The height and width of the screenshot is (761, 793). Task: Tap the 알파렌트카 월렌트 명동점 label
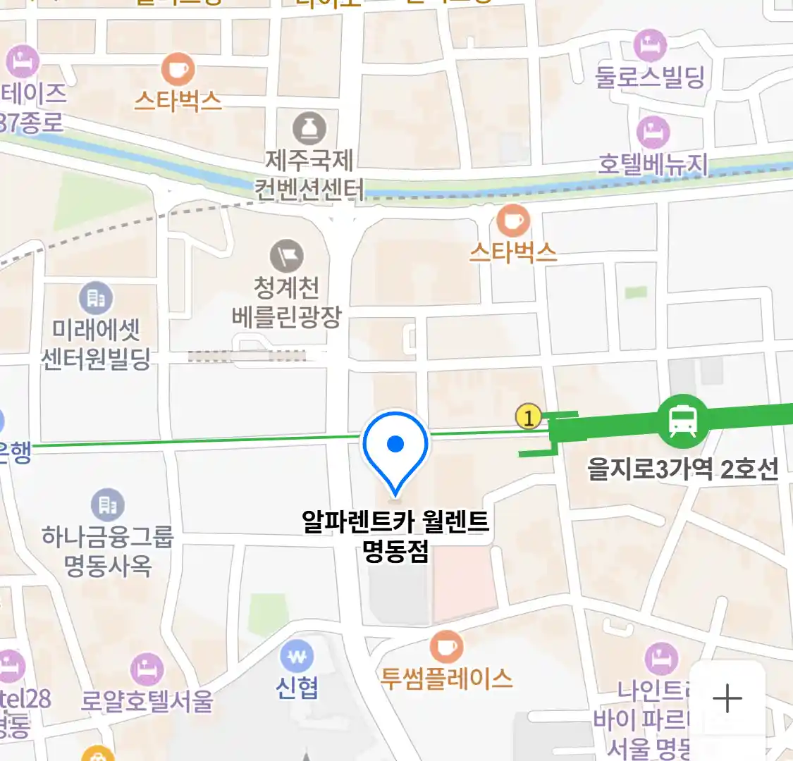[x=395, y=536]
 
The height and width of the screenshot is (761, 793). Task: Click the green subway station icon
[x=682, y=421]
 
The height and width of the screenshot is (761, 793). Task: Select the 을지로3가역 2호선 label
[x=683, y=469]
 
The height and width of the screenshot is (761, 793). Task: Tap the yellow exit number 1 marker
[x=528, y=417]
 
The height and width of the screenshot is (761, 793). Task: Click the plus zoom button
[x=727, y=699]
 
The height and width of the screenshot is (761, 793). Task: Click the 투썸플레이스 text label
[x=446, y=679]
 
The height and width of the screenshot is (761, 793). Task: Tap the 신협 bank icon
[x=297, y=657]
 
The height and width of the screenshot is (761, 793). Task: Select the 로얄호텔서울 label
[x=147, y=701]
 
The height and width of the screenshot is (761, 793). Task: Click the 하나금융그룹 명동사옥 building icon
[x=107, y=505]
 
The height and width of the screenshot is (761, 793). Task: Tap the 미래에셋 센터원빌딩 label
[x=96, y=345]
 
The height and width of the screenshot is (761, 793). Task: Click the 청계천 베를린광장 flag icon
[x=287, y=255]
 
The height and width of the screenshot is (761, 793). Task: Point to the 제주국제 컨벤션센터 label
[x=309, y=175]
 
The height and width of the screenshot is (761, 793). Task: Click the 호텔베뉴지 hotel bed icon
[x=653, y=132]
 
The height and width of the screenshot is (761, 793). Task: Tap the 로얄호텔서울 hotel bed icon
[x=147, y=669]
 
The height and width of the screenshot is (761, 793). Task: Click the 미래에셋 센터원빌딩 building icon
[x=96, y=299]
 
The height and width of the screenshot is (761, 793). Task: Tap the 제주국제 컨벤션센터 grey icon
[x=309, y=128]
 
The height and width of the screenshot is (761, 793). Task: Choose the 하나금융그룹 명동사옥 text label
[x=107, y=551]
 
